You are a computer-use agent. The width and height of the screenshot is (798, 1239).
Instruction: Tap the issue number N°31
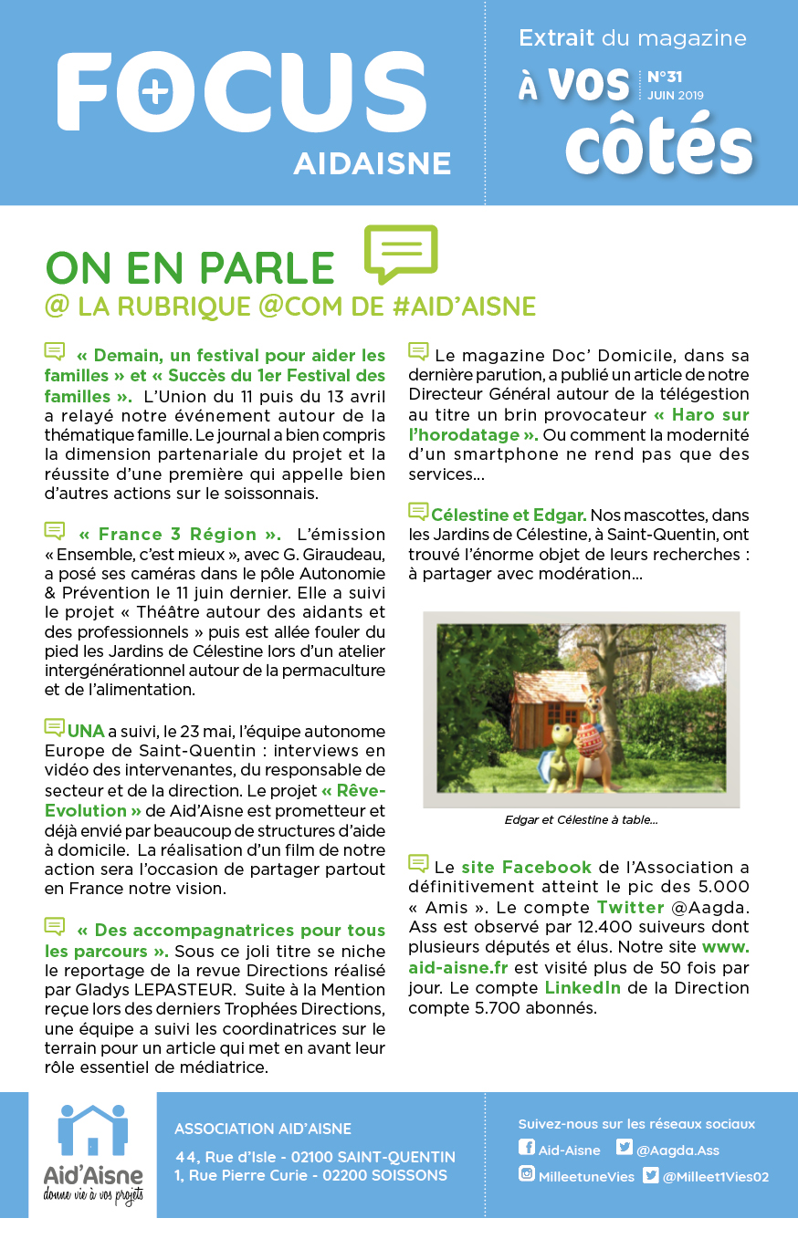click(x=665, y=77)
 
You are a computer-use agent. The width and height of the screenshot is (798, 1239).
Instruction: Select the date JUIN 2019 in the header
click(x=676, y=95)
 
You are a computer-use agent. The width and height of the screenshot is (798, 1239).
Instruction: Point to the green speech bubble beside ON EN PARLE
click(x=401, y=253)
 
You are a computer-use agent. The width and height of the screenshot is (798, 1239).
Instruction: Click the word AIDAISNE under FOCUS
click(x=372, y=163)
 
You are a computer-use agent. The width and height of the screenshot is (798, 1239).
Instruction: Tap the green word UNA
click(x=86, y=731)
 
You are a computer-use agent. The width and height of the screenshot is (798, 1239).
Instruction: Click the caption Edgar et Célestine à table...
click(x=581, y=819)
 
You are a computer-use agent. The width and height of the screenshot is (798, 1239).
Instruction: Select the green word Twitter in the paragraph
click(x=630, y=907)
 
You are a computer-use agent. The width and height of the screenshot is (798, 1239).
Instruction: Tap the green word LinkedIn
click(x=583, y=987)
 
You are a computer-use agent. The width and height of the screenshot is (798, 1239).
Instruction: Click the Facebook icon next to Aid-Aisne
click(x=526, y=1149)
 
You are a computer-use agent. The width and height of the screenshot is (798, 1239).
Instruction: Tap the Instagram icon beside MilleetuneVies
click(x=526, y=1175)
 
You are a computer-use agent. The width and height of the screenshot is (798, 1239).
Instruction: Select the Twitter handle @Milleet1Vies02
click(x=716, y=1176)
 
